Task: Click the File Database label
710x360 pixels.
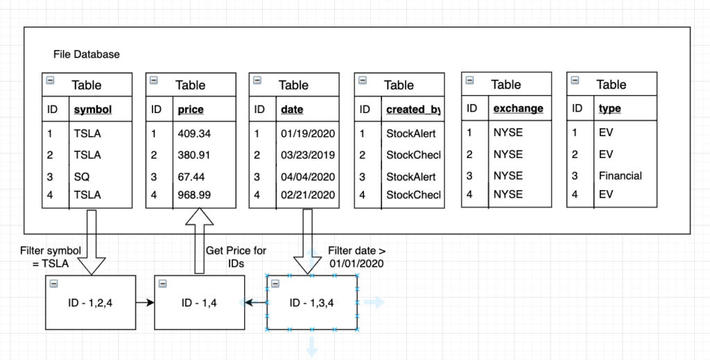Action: coord(86,54)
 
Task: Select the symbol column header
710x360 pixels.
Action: coord(92,110)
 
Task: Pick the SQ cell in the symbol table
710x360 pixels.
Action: coord(83,176)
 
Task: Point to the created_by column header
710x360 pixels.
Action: coord(413,110)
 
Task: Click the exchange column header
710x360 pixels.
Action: coord(518,109)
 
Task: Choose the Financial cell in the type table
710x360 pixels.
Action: coord(621,176)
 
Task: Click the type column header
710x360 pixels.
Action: coord(609,109)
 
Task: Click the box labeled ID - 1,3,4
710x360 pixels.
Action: coord(312,302)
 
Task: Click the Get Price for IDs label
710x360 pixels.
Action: coord(236,257)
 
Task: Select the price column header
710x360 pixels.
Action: coord(191,110)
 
